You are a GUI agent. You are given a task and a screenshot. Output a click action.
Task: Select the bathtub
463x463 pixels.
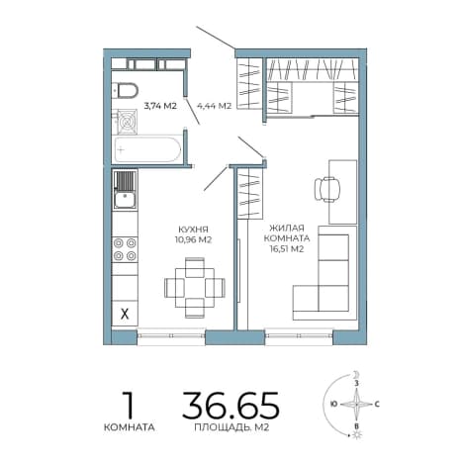146,149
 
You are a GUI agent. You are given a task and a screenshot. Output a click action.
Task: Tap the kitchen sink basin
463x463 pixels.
125,200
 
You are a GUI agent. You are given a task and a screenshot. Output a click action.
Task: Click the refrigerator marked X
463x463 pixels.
125,314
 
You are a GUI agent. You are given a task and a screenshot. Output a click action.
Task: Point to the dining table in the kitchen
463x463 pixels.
195,288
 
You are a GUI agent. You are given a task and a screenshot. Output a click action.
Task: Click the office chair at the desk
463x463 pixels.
327,189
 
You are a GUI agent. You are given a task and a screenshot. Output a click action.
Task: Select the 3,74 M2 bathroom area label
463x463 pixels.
160,106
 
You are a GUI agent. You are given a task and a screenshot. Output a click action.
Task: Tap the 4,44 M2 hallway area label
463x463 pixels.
214,106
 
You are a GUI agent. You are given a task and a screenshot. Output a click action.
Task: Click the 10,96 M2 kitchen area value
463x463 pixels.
193,239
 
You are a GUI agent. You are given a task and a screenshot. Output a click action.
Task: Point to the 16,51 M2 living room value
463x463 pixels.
286,249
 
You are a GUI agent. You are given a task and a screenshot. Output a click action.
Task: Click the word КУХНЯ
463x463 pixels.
193,230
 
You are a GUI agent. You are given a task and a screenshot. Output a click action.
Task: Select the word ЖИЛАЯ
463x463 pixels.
287,228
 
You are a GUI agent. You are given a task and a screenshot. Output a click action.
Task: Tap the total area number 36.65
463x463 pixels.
231,405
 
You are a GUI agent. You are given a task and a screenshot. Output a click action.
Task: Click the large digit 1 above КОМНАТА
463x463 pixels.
128,405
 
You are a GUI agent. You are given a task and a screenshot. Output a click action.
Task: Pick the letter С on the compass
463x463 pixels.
377,404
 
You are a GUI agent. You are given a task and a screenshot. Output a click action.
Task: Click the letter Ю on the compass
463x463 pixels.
333,404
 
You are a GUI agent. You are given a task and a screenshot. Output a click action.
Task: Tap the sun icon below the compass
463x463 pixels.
356,435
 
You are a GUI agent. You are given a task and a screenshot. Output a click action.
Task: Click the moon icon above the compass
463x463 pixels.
355,375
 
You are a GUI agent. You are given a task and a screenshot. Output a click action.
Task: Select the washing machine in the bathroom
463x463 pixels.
128,122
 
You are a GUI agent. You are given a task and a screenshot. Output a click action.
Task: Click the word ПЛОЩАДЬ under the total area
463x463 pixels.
222,427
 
